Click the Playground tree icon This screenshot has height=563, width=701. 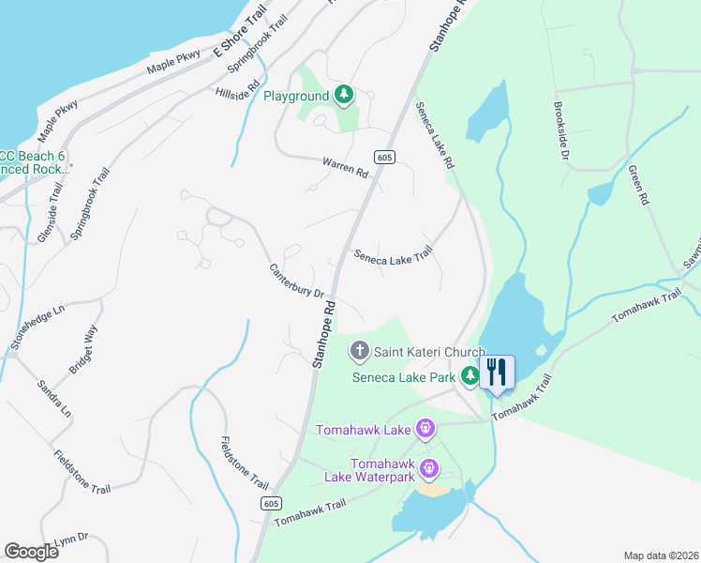(x=345, y=95)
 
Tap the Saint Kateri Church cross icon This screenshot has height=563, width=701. (x=359, y=352)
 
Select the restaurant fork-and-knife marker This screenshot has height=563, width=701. (x=497, y=372)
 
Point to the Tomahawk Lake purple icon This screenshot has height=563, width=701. (x=425, y=430)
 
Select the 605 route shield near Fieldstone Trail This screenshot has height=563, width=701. (x=269, y=504)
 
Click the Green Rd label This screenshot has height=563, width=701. (x=639, y=186)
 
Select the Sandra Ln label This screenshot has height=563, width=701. (x=54, y=398)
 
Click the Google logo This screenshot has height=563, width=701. (x=31, y=552)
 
